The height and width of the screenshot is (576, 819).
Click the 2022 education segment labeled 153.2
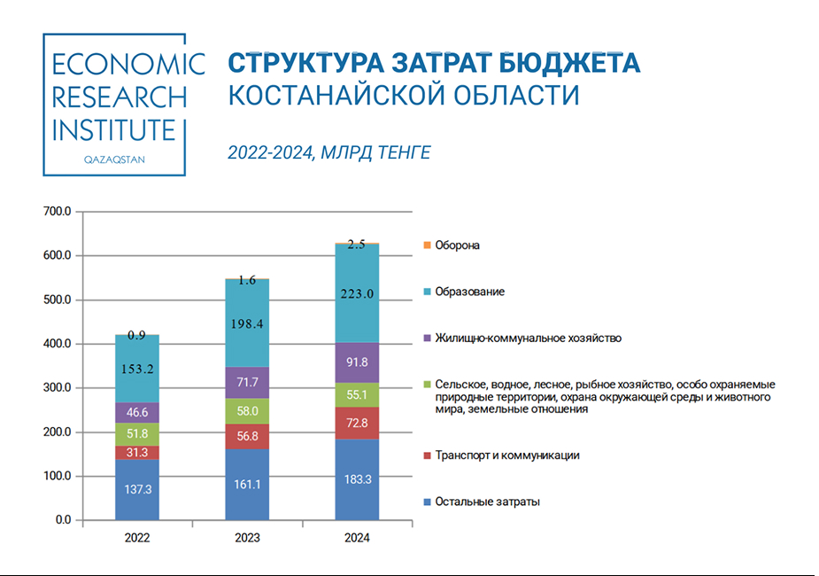[x=136, y=370]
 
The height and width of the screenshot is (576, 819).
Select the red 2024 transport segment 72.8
[x=357, y=423]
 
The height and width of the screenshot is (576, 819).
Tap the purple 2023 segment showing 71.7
[x=247, y=382]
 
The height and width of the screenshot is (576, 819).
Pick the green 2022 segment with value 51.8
[x=136, y=433]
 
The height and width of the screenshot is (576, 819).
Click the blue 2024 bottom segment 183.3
[x=357, y=479]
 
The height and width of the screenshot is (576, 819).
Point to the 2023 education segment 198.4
[x=247, y=323]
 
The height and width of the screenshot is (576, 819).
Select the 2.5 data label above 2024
[x=357, y=245]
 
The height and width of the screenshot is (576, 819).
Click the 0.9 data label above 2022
[x=136, y=336]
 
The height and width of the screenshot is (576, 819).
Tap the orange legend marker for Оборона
[x=428, y=245]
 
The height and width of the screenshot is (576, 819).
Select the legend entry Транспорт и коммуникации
[x=506, y=455]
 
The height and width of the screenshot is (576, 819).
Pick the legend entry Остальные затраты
[x=487, y=502]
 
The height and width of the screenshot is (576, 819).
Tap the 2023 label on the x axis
[x=247, y=538]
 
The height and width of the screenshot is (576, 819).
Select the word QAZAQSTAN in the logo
[x=113, y=160]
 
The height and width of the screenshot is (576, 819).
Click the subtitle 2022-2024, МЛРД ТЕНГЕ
[x=329, y=152]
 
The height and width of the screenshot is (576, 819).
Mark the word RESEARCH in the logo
[x=120, y=97]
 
